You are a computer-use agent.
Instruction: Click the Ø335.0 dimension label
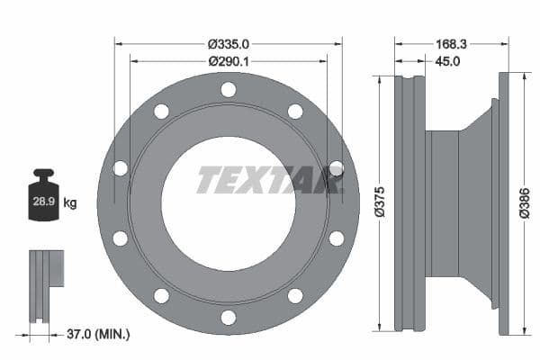point(228,43)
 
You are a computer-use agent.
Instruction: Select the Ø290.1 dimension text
point(228,61)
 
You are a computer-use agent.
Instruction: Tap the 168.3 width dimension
point(452,43)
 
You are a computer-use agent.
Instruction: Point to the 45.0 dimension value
point(447,61)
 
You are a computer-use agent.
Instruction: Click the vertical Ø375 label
point(381,202)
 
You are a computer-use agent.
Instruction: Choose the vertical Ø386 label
point(525,202)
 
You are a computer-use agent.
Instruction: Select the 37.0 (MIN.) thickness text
point(100,334)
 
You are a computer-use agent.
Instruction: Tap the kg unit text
point(70,203)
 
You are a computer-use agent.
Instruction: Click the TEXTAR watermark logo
point(270,180)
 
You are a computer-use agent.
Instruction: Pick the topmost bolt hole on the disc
point(229,89)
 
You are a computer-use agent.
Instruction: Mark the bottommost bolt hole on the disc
point(229,317)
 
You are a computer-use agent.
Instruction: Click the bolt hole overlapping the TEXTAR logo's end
point(336,168)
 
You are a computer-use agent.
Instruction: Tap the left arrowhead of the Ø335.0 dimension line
point(119,42)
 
